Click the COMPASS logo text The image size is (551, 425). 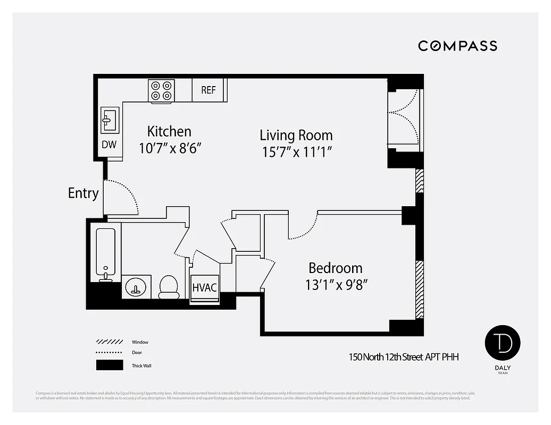(457, 46)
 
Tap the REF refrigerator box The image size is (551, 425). (208, 90)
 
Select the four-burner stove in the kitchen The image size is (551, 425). (161, 90)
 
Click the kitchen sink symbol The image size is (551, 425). (110, 120)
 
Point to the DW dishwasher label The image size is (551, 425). (109, 144)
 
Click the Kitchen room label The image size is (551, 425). (169, 131)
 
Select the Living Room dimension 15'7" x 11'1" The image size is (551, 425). (297, 152)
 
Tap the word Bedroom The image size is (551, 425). (336, 268)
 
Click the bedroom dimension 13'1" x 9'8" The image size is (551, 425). (336, 285)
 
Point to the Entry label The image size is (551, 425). (83, 193)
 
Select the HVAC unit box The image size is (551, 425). (204, 287)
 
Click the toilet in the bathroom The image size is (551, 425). (169, 287)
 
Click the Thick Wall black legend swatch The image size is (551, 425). (109, 365)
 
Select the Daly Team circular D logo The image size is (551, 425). (502, 343)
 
